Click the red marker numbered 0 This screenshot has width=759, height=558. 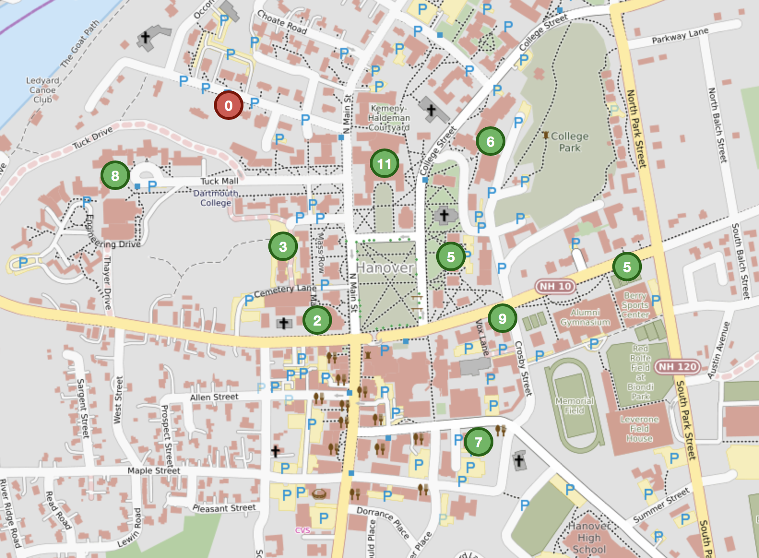click(x=228, y=105)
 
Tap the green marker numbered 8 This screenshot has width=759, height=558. click(x=115, y=175)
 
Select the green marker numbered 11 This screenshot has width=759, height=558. click(x=384, y=163)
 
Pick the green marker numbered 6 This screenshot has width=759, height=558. click(x=490, y=141)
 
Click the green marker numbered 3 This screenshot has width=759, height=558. click(x=283, y=246)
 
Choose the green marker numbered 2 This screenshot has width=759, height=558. click(x=317, y=320)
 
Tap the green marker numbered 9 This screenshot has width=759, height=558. click(x=502, y=318)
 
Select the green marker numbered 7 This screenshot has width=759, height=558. click(x=478, y=442)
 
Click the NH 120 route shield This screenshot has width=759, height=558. click(x=677, y=367)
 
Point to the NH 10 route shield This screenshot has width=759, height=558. click(x=555, y=286)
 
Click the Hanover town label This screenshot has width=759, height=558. click(x=385, y=267)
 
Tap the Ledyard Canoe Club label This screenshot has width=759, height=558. click(x=42, y=90)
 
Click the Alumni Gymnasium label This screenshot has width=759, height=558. click(x=585, y=317)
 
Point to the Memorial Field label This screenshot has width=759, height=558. click(x=574, y=405)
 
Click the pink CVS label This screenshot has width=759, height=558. click(x=302, y=530)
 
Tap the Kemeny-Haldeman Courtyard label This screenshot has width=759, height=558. click(x=389, y=118)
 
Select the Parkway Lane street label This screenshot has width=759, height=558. click(x=680, y=36)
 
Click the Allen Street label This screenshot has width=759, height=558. click(x=214, y=397)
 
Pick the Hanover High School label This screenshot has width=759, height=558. click(x=589, y=538)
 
